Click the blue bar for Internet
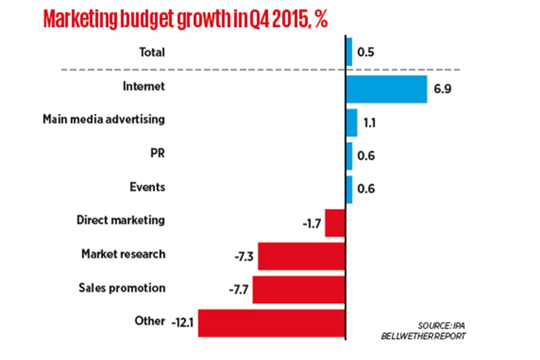click(x=386, y=89)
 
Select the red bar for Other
click(x=271, y=323)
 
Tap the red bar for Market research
click(x=301, y=256)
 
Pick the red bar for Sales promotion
click(x=299, y=290)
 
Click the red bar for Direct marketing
click(x=335, y=223)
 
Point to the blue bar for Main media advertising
click(x=351, y=122)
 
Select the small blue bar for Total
click(x=349, y=52)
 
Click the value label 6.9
click(x=443, y=89)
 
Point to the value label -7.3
click(x=244, y=257)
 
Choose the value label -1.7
click(x=312, y=223)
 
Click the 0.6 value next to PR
click(x=366, y=156)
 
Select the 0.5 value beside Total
click(x=366, y=53)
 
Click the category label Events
click(x=147, y=187)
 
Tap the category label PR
click(x=157, y=153)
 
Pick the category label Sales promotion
click(x=122, y=288)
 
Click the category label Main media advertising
click(x=104, y=120)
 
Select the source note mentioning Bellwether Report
click(x=423, y=331)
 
